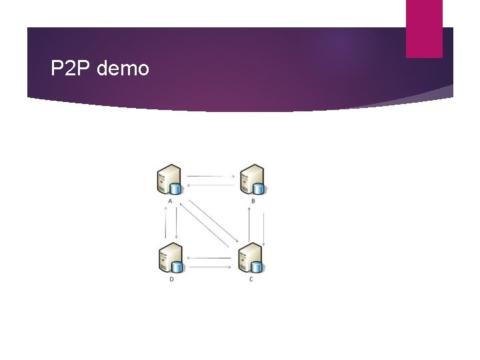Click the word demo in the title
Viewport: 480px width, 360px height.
[123, 68]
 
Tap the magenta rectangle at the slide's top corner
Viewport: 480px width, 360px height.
[424, 28]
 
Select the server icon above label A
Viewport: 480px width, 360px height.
[168, 179]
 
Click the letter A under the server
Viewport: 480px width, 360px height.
[171, 201]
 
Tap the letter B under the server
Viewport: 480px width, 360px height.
[253, 201]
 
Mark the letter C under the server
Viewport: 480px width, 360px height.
[251, 279]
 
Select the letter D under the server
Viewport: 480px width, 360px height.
[171, 279]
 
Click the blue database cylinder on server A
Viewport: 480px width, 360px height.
[177, 188]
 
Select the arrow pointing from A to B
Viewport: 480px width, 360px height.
[211, 177]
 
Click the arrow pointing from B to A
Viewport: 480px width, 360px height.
[211, 185]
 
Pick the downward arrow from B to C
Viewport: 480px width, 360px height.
[264, 229]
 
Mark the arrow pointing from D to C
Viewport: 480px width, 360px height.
[211, 267]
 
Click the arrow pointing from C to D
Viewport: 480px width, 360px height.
[211, 257]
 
